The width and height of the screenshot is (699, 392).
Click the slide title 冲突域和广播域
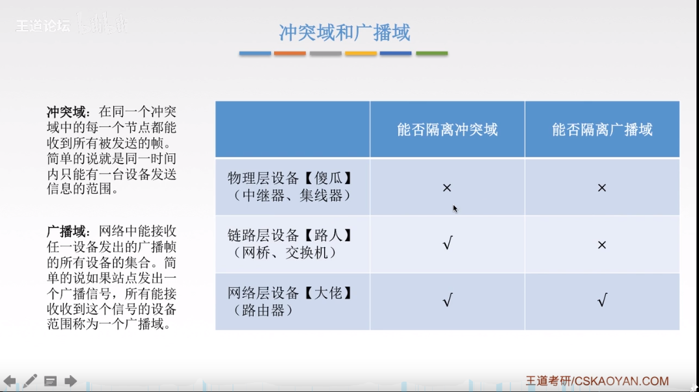(x=344, y=33)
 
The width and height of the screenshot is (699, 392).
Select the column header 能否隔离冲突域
(x=447, y=129)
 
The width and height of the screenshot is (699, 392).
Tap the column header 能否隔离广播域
(x=602, y=129)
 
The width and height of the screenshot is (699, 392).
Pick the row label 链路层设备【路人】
(x=290, y=235)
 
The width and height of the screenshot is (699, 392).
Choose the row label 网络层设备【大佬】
(x=290, y=293)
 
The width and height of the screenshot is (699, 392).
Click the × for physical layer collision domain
(x=447, y=188)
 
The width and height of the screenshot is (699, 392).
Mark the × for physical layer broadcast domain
(x=602, y=188)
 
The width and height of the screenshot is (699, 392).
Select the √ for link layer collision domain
(x=447, y=244)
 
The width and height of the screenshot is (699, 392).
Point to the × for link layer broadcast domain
(x=602, y=245)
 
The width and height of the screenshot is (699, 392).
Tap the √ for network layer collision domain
(x=447, y=301)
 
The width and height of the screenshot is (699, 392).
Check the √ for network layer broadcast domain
(x=602, y=301)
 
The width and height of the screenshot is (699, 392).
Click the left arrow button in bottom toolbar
(x=10, y=381)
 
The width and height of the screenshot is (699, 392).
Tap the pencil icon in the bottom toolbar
(x=30, y=381)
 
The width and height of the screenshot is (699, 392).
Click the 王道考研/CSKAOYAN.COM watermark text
(x=597, y=381)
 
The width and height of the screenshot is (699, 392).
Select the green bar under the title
(x=432, y=53)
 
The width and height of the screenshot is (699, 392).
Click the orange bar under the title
(x=290, y=53)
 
